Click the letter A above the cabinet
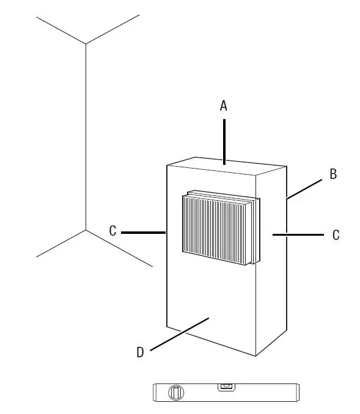click(x=224, y=106)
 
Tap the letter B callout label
click(x=333, y=174)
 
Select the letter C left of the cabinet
click(x=112, y=231)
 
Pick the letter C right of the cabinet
click(x=336, y=234)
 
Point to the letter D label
click(x=140, y=352)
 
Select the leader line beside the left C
click(x=144, y=232)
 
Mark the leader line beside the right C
click(x=298, y=234)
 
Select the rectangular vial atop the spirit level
click(x=226, y=386)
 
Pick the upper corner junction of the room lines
click(x=86, y=44)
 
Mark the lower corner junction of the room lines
click(x=86, y=230)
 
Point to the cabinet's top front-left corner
click(x=167, y=165)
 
